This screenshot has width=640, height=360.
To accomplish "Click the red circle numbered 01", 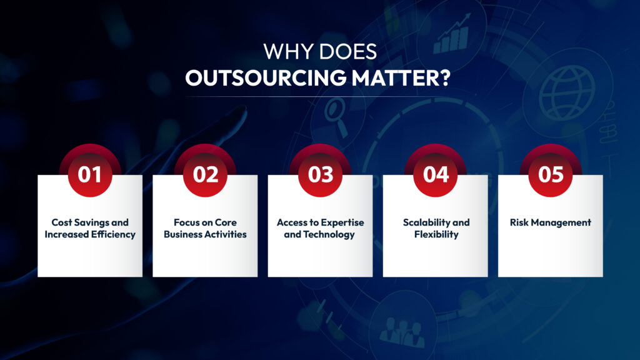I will point(90,174).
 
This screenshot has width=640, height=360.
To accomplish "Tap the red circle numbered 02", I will point(205,174).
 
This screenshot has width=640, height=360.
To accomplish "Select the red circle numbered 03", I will point(321,174).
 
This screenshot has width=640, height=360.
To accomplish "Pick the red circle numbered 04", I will point(436,174).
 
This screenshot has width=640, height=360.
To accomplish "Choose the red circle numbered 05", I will point(551,174).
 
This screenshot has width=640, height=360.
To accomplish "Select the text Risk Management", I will point(551,222).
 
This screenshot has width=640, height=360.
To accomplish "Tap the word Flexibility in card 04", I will point(436,235).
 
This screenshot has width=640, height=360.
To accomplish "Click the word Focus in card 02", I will point(186,222).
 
